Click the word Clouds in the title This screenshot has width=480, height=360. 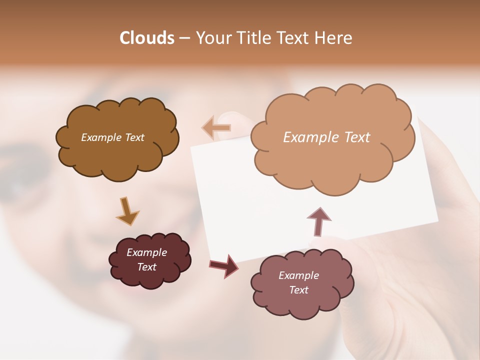(x=147, y=38)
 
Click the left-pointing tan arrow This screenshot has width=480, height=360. (x=216, y=128)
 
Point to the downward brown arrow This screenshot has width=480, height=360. (x=127, y=210)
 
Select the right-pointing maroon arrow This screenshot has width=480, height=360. (x=224, y=265)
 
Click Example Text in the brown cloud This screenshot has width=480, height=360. (x=112, y=137)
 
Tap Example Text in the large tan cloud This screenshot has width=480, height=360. (x=326, y=137)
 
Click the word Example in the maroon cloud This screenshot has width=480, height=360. (x=146, y=252)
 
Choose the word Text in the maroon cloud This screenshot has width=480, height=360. (x=146, y=267)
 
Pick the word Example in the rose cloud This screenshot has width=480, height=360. (x=298, y=275)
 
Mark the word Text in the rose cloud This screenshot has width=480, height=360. (x=298, y=290)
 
